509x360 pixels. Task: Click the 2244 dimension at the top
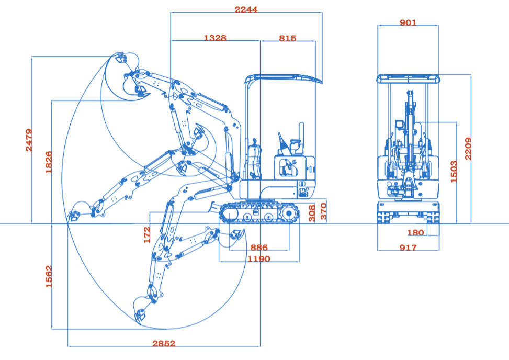coord(246,9)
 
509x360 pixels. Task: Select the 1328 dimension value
coord(215,38)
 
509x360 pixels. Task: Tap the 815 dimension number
coord(287,38)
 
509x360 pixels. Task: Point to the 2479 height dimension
coord(29,140)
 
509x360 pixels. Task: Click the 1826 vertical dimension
coord(49,162)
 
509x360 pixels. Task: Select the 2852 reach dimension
coord(164,344)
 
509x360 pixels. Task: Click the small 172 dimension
coord(147,234)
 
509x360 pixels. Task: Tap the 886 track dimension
coord(259,248)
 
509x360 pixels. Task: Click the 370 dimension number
coord(324,212)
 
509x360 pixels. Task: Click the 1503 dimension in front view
coord(454,172)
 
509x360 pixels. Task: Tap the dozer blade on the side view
coord(216,207)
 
